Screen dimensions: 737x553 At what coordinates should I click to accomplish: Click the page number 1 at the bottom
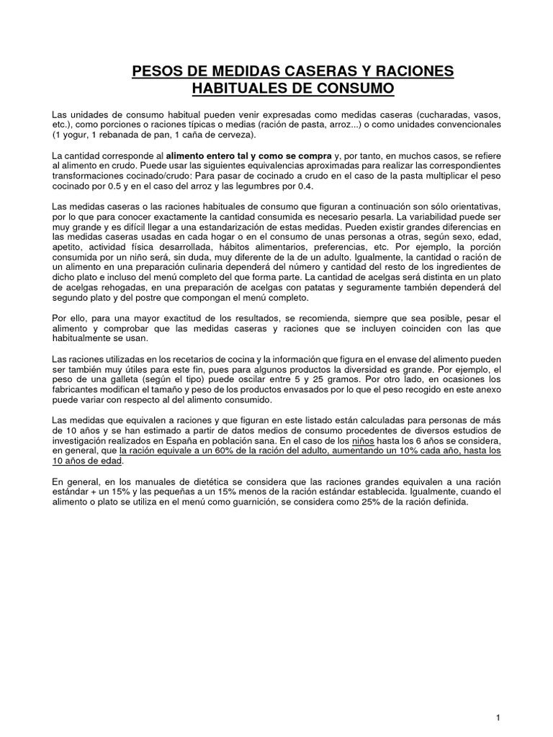click(498, 697)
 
